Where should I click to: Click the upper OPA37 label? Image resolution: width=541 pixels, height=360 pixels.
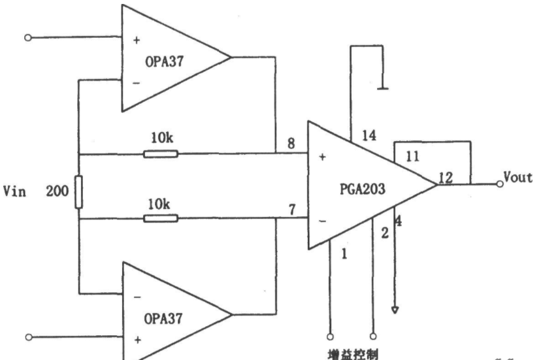[164, 62]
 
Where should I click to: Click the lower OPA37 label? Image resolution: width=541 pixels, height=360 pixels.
[163, 318]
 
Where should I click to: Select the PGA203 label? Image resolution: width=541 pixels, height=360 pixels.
[362, 189]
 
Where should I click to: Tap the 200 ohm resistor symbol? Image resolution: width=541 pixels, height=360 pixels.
[78, 192]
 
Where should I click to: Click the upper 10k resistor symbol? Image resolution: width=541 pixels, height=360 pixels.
[161, 154]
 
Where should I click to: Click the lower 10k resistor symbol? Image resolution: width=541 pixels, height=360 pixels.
[161, 218]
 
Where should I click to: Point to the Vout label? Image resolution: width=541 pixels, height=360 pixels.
[517, 177]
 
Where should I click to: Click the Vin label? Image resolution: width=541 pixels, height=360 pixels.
[14, 191]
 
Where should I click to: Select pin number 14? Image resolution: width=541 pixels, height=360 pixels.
[369, 135]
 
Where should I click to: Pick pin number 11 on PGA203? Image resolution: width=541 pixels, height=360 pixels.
[412, 156]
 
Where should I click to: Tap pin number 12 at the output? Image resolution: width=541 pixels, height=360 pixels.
[446, 178]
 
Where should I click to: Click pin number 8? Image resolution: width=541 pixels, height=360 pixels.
[291, 143]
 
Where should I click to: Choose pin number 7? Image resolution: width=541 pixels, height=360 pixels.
[292, 210]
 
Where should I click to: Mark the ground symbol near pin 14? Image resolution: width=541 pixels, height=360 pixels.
[383, 88]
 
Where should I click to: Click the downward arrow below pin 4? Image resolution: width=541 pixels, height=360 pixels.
[395, 310]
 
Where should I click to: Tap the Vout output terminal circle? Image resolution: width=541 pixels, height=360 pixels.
[500, 184]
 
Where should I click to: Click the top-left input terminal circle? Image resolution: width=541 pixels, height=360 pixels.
[28, 38]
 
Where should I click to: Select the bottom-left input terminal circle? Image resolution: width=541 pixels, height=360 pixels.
[29, 337]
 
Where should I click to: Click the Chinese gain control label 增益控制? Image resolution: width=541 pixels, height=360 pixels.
[353, 355]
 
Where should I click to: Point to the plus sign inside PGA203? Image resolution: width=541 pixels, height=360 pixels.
[322, 157]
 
